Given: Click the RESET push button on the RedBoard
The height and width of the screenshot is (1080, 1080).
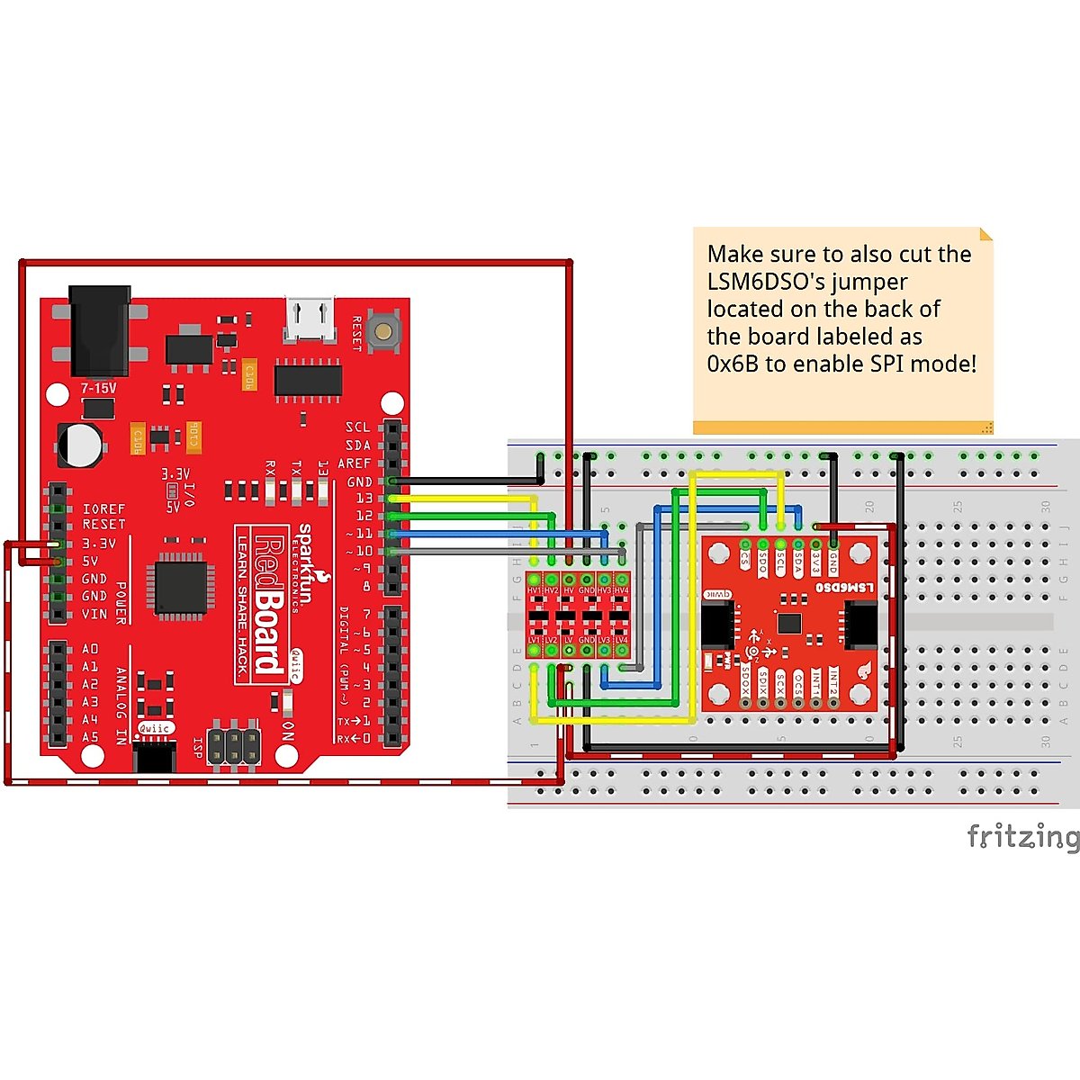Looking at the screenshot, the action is [385, 330].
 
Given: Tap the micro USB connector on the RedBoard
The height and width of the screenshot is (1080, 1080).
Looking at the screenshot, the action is [309, 319].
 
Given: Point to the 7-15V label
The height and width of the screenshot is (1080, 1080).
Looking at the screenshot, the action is [98, 388].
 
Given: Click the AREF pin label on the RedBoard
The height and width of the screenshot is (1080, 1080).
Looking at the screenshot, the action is [354, 463].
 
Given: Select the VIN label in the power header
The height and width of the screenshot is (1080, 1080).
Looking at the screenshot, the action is [94, 614].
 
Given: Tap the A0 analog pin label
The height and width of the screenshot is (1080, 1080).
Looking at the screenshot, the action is [90, 649].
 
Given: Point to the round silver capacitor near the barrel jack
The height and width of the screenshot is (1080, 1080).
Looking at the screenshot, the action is [81, 444].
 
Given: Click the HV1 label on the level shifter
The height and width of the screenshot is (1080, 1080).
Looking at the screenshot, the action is [535, 590].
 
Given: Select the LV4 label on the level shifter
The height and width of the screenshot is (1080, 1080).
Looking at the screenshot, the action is [621, 640].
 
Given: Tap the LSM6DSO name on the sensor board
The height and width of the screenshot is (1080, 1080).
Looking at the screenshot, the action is [843, 587].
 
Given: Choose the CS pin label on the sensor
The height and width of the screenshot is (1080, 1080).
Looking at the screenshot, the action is [745, 558].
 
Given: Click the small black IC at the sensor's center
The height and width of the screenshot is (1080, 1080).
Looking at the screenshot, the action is [789, 623].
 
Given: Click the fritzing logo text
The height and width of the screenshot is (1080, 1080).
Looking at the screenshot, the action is [1021, 837].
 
